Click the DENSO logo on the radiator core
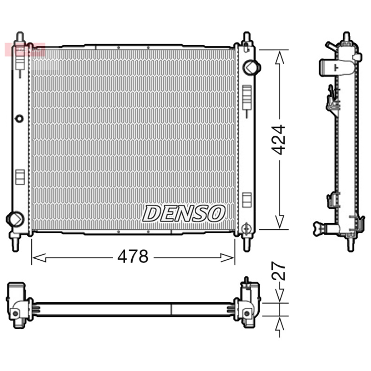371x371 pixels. coord(184,214)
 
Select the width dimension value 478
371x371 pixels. coord(133,256)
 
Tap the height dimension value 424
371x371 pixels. coord(279,140)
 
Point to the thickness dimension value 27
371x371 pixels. coord(279,272)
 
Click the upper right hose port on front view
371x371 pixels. coord(251,67)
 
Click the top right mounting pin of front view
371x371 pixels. coord(246,38)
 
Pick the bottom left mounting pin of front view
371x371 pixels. coord(16,243)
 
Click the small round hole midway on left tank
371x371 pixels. coord(19,118)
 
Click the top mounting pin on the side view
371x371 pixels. coord(346,37)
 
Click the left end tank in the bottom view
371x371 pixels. coord(18,302)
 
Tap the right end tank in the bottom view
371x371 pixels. coord(248,302)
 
